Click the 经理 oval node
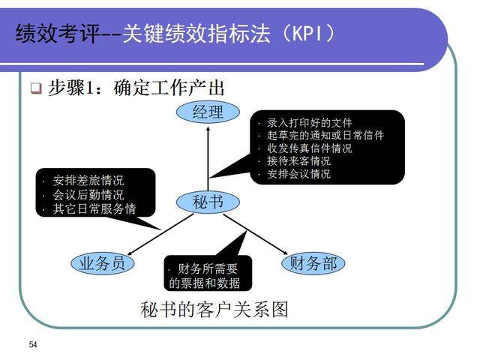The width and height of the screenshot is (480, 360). point(208,112)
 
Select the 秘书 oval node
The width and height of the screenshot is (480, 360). point(208,201)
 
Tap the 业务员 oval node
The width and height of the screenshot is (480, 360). point(102,262)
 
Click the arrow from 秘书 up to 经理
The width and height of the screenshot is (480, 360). point(208,157)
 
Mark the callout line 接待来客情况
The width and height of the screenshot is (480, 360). point(298,160)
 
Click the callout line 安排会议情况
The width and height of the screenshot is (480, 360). point(298,173)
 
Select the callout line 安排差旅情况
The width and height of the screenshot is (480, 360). point(88,181)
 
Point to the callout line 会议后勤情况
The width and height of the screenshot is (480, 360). point(88,195)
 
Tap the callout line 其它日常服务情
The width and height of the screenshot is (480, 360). point(94,208)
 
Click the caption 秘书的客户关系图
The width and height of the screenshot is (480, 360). point(214,309)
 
